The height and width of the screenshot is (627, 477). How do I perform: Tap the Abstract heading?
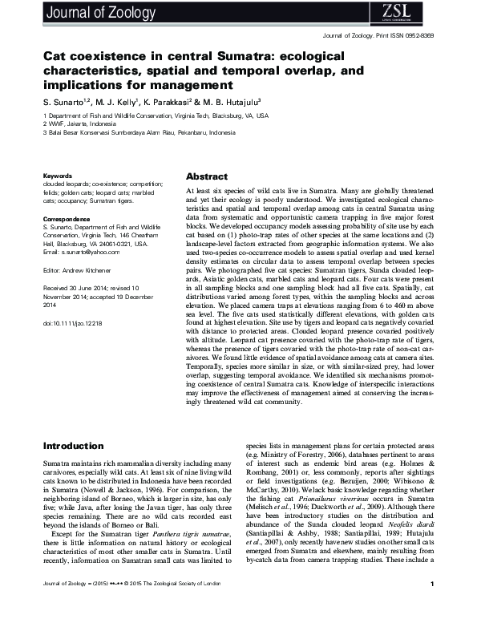click(x=207, y=176)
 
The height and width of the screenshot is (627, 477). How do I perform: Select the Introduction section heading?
click(x=75, y=446)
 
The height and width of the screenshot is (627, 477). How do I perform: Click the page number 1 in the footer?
click(x=432, y=607)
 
